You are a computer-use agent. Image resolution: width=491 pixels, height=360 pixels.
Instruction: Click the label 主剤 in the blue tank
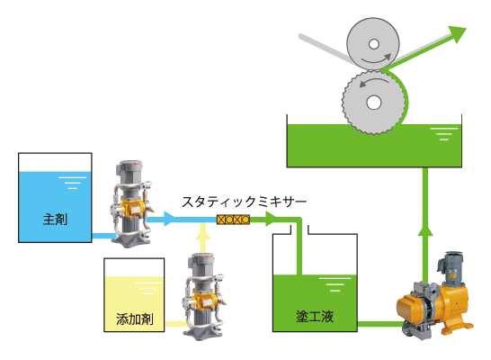(55, 219)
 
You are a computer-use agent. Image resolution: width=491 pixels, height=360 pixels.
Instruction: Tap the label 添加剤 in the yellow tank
(135, 319)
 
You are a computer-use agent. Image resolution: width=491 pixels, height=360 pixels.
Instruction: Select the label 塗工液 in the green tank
(315, 317)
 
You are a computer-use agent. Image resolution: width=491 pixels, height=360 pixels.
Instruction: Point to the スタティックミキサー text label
(244, 202)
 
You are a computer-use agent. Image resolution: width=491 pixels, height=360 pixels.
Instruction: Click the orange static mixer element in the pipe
(233, 220)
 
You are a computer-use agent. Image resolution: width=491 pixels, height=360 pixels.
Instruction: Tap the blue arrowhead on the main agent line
(169, 219)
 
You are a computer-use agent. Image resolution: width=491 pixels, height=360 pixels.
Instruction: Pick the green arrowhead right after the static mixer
(272, 219)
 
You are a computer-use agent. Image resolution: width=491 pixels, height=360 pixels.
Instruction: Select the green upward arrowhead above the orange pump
(425, 230)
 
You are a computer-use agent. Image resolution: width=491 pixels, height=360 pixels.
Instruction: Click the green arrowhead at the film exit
(458, 33)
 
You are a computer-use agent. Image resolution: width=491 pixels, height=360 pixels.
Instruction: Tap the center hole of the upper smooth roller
(373, 44)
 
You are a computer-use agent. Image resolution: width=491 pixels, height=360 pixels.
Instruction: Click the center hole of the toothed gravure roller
(373, 102)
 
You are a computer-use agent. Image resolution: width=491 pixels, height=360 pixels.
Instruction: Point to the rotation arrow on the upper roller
(377, 58)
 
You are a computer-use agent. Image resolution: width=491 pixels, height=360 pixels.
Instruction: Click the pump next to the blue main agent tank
(131, 203)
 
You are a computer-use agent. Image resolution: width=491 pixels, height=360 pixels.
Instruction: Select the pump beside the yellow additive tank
(204, 297)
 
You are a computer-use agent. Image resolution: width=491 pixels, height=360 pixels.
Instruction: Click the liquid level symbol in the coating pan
(444, 134)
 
